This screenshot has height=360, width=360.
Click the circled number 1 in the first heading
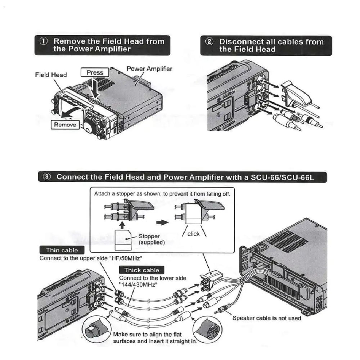click(44, 41)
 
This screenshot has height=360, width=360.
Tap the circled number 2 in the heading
click(209, 41)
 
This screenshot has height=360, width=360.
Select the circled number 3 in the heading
click(48, 177)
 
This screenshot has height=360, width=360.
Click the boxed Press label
click(95, 72)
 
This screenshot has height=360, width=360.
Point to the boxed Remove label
click(65, 125)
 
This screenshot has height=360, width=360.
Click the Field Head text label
click(51, 75)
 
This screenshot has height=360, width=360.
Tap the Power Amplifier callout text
click(149, 69)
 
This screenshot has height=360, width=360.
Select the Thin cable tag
click(62, 250)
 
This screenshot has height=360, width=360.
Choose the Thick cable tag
click(141, 270)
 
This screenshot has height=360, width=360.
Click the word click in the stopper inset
click(193, 234)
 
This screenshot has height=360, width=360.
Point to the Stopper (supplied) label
click(152, 239)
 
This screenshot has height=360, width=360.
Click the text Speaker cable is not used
click(266, 318)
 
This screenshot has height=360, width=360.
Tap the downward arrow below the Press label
click(95, 86)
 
